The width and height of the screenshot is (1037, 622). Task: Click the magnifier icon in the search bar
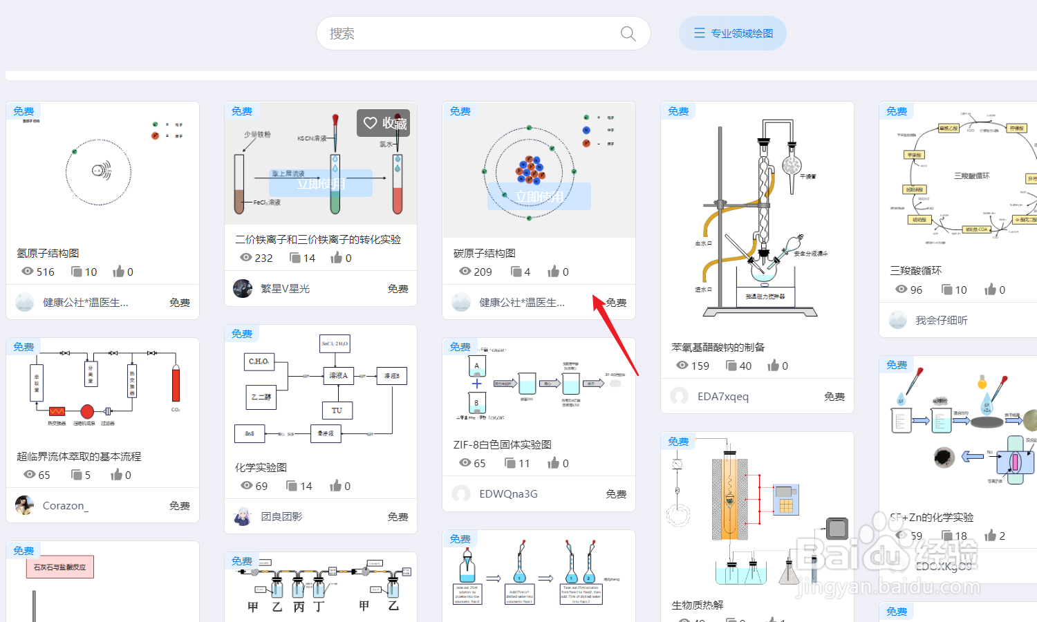pyautogui.click(x=628, y=34)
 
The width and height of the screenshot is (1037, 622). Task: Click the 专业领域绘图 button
pyautogui.click(x=733, y=33)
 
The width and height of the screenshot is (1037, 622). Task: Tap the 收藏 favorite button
pyautogui.click(x=384, y=123)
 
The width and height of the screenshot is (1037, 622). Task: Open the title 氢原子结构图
pyautogui.click(x=48, y=253)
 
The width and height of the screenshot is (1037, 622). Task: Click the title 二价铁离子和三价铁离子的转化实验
pyautogui.click(x=318, y=239)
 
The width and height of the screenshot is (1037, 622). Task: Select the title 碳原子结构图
pyautogui.click(x=485, y=253)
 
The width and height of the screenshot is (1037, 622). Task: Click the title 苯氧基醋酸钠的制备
pyautogui.click(x=718, y=347)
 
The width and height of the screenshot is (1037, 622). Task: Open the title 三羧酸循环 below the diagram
pyautogui.click(x=916, y=270)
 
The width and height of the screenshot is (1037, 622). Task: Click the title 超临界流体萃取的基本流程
pyautogui.click(x=79, y=456)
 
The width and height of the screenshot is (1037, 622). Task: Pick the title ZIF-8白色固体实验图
pyautogui.click(x=503, y=444)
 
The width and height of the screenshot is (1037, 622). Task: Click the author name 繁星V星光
pyautogui.click(x=285, y=289)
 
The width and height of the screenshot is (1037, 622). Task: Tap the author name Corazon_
pyautogui.click(x=65, y=505)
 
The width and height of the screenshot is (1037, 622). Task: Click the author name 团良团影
pyautogui.click(x=281, y=516)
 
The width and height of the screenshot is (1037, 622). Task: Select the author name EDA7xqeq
pyautogui.click(x=723, y=396)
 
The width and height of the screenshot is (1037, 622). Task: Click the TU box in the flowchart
pyautogui.click(x=337, y=411)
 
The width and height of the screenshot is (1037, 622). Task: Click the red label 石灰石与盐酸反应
pyautogui.click(x=60, y=567)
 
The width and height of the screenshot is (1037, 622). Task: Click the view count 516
pyautogui.click(x=46, y=272)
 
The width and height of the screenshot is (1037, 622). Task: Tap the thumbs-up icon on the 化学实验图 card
pyautogui.click(x=336, y=486)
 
